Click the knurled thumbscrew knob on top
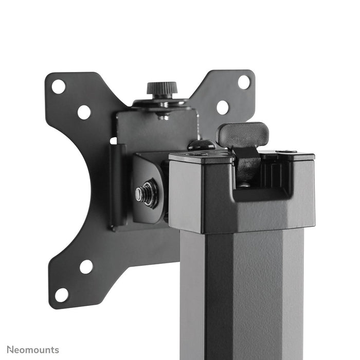tap(162, 88)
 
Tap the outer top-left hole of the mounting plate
tap(59, 86)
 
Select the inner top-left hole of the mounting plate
tap(84, 112)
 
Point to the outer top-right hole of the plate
tap(244, 82)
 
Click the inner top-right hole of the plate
tap(222, 107)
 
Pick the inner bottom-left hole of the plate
tap(86, 266)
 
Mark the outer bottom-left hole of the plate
tap(62, 295)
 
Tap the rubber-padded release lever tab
tap(243, 134)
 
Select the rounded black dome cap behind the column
tap(201, 145)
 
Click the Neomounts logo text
tap(33, 350)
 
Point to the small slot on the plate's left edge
tap(113, 140)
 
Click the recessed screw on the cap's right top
tap(286, 151)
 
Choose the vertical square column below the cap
tap(242, 293)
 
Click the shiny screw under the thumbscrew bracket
tap(164, 116)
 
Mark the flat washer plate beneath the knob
tap(162, 103)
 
